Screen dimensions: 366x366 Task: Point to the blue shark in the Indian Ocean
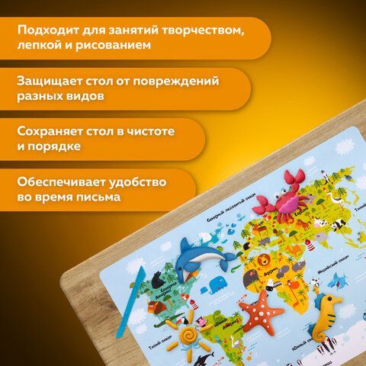point(312,285)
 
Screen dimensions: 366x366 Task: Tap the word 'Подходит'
point(46,30)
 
